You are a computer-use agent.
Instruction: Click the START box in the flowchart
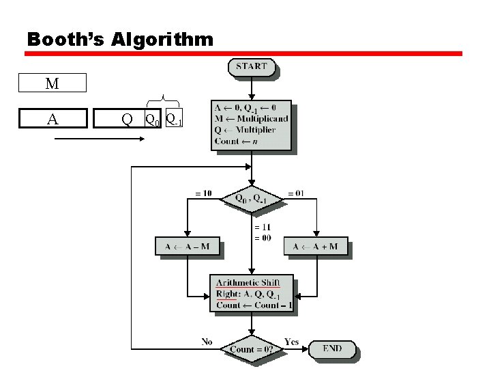tap(252, 67)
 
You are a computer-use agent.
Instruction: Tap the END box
tap(332, 348)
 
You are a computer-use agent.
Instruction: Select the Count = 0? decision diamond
tap(252, 349)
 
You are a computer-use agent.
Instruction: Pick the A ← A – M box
tap(187, 246)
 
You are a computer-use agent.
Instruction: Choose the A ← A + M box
tap(315, 246)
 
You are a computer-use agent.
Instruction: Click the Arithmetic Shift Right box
tap(251, 293)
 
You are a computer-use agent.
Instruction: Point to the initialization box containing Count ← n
tap(251, 124)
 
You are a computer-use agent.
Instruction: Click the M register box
tap(53, 83)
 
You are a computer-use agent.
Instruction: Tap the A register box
tap(53, 119)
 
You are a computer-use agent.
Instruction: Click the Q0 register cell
tap(152, 119)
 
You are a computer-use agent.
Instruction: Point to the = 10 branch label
tap(203, 193)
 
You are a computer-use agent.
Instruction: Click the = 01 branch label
tap(296, 193)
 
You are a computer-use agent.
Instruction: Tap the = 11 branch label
tap(263, 227)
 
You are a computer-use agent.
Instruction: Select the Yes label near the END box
tap(291, 341)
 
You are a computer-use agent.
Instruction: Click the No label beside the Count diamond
tap(207, 341)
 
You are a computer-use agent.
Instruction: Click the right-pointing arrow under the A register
tap(99, 139)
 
